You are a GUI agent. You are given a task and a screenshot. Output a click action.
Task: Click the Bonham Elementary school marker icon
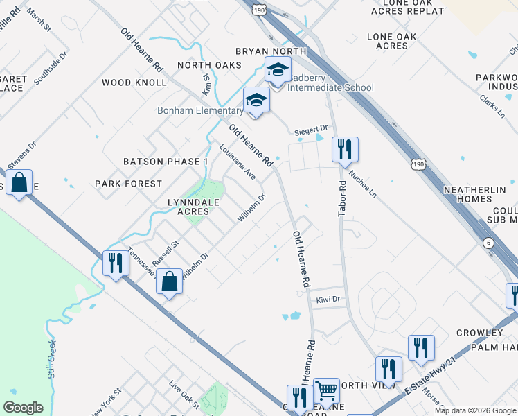click(256, 101)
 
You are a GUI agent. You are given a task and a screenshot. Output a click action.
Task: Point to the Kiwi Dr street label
click(329, 300)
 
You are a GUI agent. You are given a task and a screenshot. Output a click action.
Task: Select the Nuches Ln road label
click(362, 182)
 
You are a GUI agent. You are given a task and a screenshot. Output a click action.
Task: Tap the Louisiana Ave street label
click(238, 162)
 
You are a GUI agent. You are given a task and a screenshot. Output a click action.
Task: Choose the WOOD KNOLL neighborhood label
click(134, 83)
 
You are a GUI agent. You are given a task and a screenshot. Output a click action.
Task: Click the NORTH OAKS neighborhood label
click(209, 65)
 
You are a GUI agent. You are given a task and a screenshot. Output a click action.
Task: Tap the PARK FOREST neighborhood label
click(128, 184)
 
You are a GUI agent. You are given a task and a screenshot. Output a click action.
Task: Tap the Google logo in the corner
click(23, 408)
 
